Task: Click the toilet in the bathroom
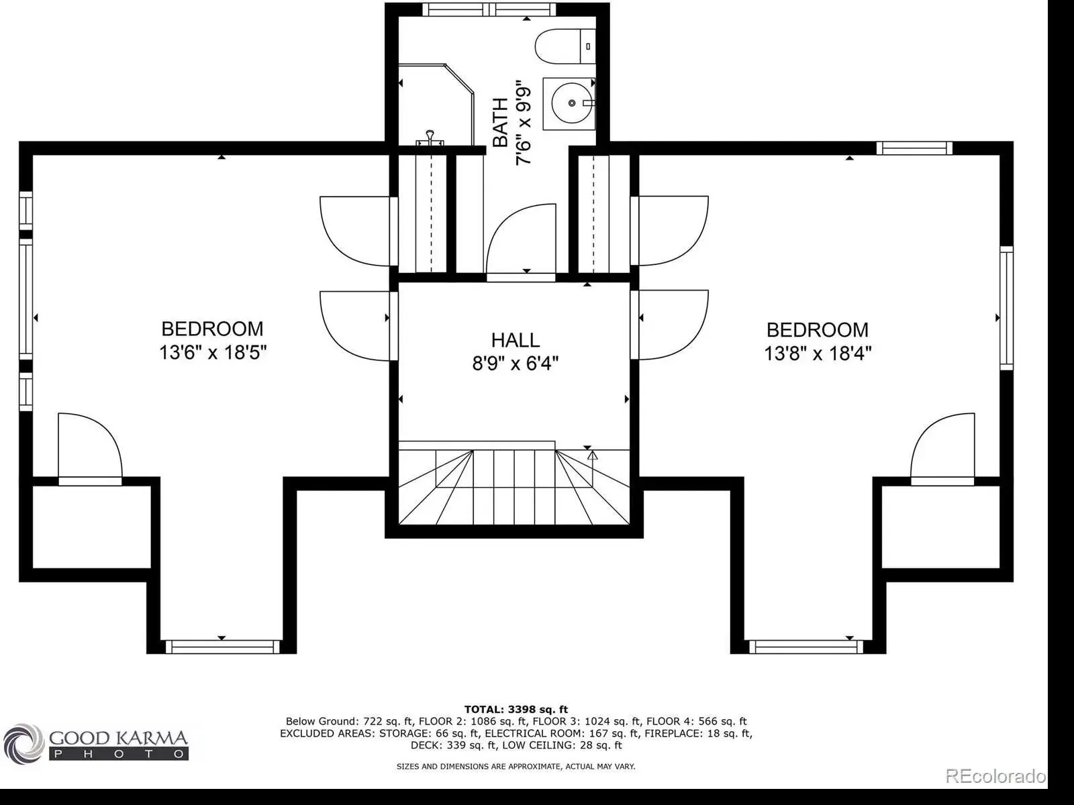tap(565, 46)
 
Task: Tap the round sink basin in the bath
tap(571, 103)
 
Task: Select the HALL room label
tap(516, 340)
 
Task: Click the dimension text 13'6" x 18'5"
tap(213, 352)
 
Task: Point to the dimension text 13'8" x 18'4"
tap(818, 353)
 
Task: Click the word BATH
tap(501, 122)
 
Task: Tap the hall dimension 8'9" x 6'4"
tap(516, 363)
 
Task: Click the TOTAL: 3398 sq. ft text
tap(516, 709)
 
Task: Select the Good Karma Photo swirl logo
tap(23, 744)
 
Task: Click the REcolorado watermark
tap(995, 775)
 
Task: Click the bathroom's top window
tap(489, 9)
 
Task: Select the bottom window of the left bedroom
tap(223, 647)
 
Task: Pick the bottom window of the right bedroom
tap(806, 647)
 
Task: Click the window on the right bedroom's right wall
tap(1006, 308)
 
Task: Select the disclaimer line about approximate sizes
tap(516, 766)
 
